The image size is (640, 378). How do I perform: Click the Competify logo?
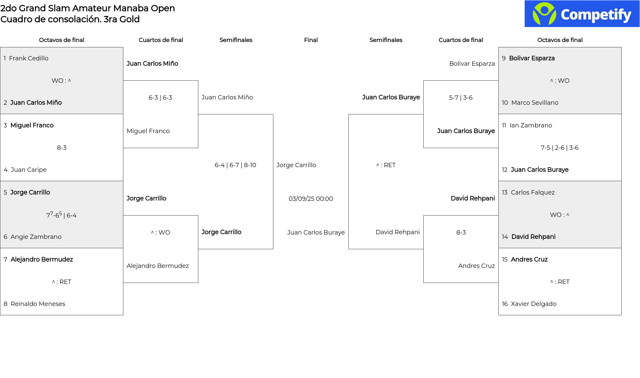click(x=582, y=14)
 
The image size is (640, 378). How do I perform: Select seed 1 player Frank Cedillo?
click(x=29, y=58)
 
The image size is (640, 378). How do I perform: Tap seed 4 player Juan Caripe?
click(x=29, y=170)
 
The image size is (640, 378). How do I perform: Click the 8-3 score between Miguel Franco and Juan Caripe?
click(x=62, y=148)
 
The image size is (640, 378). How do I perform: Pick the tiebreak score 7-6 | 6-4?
click(x=62, y=215)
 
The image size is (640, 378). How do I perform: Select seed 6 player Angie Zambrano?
click(x=36, y=237)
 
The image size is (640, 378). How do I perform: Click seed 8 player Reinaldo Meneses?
click(x=38, y=304)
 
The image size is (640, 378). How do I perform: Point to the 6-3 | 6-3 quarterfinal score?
click(x=160, y=98)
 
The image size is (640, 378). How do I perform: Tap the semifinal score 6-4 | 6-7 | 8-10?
click(x=235, y=165)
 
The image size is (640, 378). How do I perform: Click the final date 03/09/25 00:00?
click(x=311, y=199)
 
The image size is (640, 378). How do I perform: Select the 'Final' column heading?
click(x=311, y=40)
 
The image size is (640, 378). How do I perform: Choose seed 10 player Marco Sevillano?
click(x=535, y=103)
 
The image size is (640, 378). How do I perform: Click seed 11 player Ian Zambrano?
click(x=531, y=125)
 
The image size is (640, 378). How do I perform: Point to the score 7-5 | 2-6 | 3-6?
click(x=560, y=148)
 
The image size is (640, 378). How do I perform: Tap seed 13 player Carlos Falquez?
click(x=533, y=193)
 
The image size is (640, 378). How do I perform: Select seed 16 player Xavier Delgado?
click(x=534, y=304)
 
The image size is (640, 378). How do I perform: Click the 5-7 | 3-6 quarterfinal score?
click(x=461, y=98)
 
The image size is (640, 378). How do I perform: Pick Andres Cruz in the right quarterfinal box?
click(x=476, y=266)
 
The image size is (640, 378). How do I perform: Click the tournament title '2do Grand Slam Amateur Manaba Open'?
click(x=88, y=8)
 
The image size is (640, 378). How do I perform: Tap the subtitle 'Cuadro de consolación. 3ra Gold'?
click(x=70, y=19)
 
